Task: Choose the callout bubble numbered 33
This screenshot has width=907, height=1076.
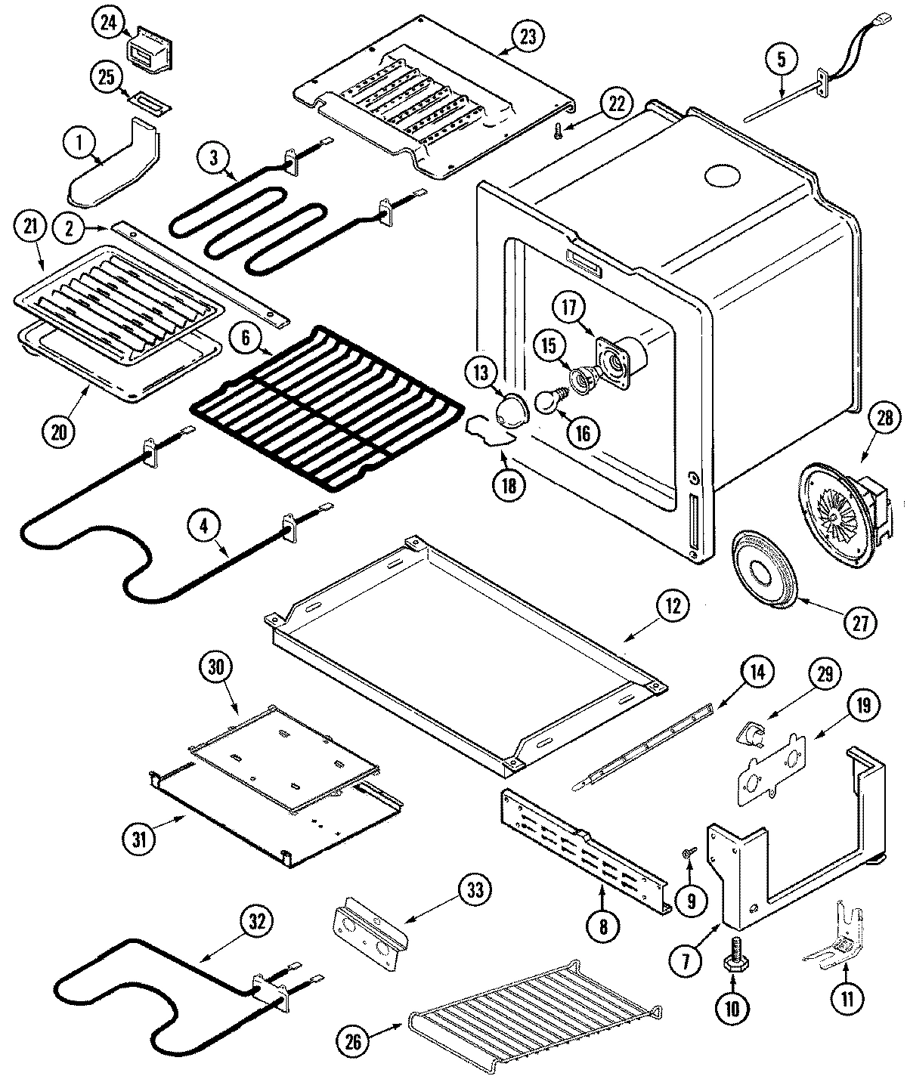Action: click(474, 890)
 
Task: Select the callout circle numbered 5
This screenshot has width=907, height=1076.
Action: click(782, 58)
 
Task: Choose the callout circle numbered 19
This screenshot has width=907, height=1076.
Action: click(864, 706)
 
